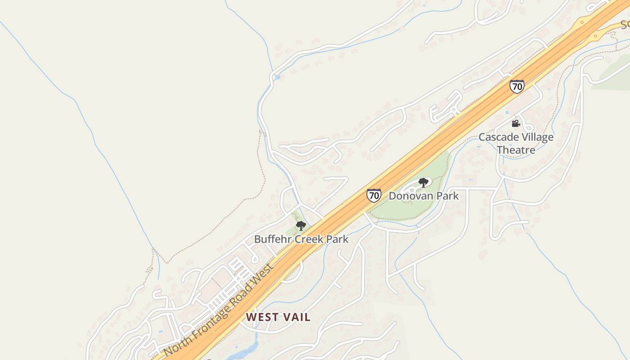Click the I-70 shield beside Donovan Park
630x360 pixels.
coord(373,195)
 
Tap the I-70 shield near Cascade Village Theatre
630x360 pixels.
coord(517,86)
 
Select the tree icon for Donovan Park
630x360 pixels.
coord(423,182)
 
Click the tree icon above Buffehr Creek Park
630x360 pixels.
coord(301,225)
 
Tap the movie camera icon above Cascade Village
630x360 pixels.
coord(516,123)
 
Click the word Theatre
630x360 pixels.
coord(516,150)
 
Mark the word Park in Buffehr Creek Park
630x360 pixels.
coord(337,239)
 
